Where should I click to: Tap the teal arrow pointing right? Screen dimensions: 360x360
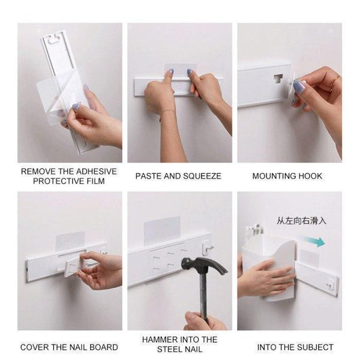313,242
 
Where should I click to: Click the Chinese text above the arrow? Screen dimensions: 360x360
301,221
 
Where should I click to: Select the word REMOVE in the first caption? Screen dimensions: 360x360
40,171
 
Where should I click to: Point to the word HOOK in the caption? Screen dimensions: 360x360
310,176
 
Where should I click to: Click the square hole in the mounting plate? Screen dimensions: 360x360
278,79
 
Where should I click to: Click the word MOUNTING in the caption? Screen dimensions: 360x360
274,176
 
